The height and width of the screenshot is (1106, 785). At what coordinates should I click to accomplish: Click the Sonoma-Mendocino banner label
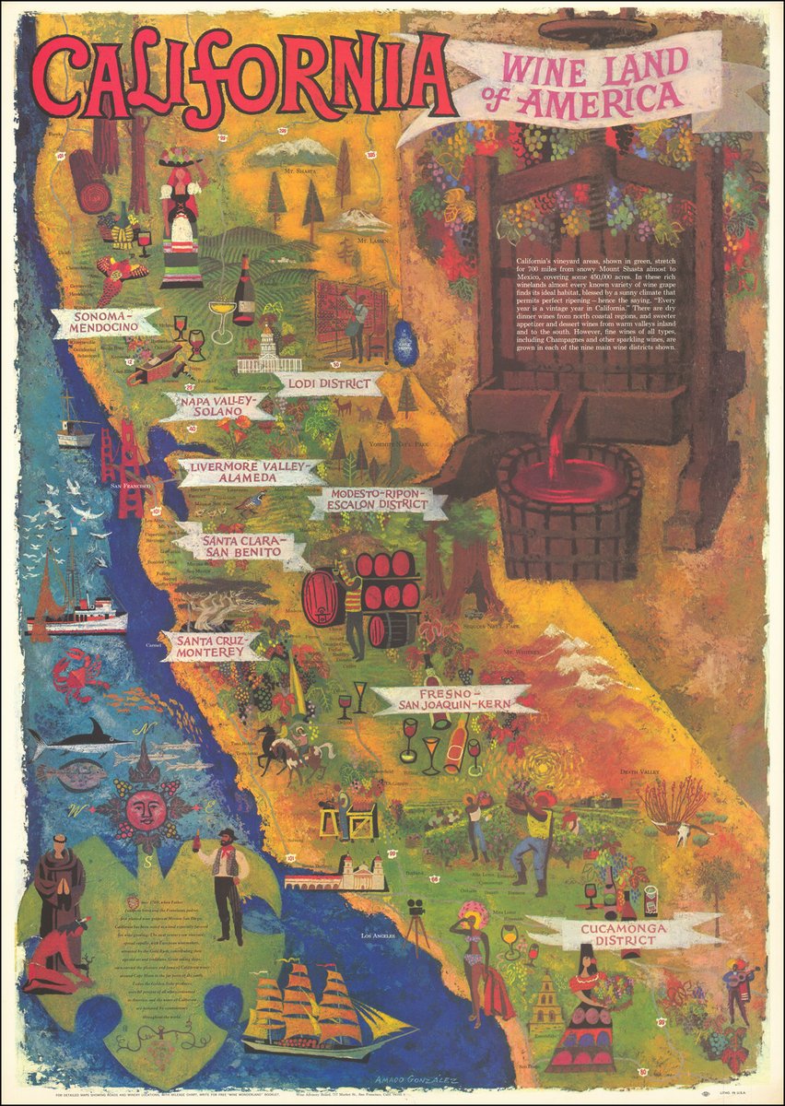(105, 321)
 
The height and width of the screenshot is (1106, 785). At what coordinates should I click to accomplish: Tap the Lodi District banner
(329, 383)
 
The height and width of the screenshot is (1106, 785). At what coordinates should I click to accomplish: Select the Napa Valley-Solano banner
(217, 406)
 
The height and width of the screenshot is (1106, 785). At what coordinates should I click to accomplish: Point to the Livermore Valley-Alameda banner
(250, 472)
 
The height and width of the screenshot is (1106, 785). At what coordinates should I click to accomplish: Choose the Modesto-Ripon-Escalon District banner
(378, 503)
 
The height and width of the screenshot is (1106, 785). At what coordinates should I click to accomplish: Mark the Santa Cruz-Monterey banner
(211, 644)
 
